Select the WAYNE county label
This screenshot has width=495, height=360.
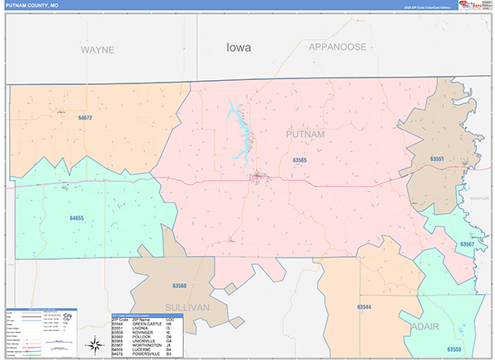click(97, 50)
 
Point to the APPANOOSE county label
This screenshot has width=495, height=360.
click(337, 47)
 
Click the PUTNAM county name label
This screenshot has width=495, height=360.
click(305, 134)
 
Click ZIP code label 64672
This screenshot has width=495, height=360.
click(85, 118)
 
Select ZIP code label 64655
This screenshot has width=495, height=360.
click(77, 218)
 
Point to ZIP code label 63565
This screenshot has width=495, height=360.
click(299, 160)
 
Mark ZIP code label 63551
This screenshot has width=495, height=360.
click(437, 159)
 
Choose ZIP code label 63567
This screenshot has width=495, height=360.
click(467, 244)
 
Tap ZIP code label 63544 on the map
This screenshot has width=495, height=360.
click(364, 307)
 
